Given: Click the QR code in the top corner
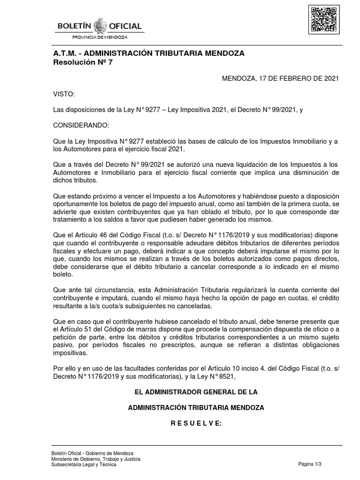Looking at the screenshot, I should (x=323, y=20).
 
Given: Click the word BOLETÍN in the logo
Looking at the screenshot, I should (x=74, y=26).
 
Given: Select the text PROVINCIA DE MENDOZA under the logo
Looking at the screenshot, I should (x=99, y=37).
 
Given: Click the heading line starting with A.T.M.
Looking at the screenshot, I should (x=149, y=53).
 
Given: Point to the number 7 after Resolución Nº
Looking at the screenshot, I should (x=110, y=62).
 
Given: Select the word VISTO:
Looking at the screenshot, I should (x=64, y=94).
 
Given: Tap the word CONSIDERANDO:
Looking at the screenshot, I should (x=82, y=126).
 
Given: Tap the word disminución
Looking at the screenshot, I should (x=317, y=173).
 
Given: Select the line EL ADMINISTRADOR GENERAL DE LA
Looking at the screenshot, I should (x=196, y=391).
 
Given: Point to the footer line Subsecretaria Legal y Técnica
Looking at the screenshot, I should (x=84, y=464).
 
